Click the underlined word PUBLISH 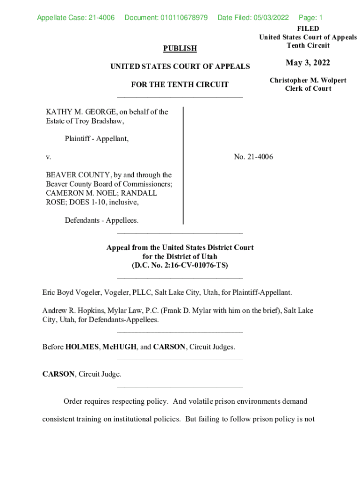[180, 48]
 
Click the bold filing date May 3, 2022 [308, 63]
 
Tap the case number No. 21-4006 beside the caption [253, 157]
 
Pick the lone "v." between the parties [48, 157]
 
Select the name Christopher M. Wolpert [308, 80]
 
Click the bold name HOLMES [82, 347]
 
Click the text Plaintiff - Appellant [97, 138]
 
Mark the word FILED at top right [308, 29]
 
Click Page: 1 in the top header [310, 18]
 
